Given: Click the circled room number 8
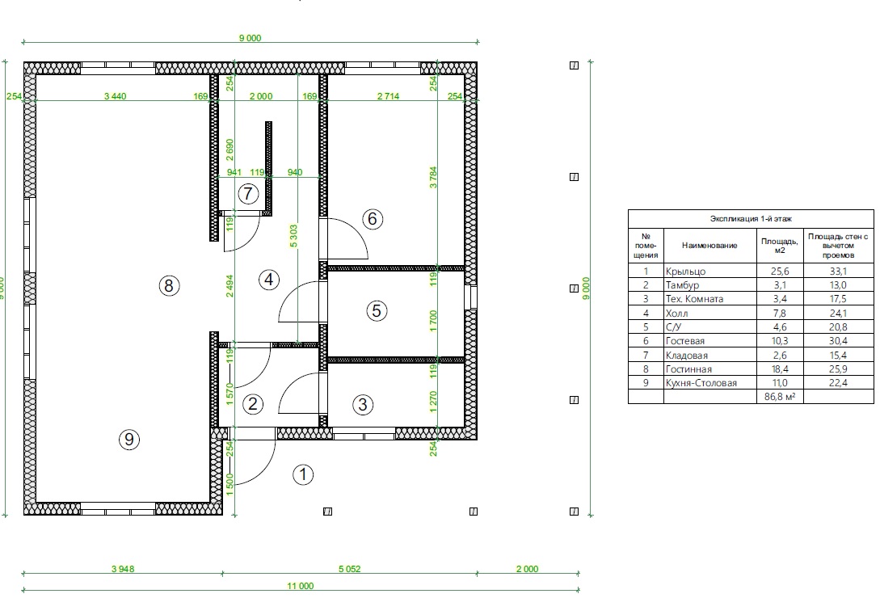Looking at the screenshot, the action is click(169, 286).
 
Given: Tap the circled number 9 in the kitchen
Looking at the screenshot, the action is click(129, 439).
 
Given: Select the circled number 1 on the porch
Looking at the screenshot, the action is click(303, 474).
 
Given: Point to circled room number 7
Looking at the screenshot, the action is click(248, 194).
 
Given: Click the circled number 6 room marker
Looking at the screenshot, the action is click(373, 218).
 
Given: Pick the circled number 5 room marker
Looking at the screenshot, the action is click(377, 310).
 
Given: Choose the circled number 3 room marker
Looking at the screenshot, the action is click(363, 404).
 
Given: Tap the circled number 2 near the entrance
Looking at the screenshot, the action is click(253, 404).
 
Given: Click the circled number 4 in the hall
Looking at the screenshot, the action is click(269, 280).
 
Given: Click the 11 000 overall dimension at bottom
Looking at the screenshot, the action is click(301, 586).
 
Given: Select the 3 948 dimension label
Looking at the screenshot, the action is click(122, 569).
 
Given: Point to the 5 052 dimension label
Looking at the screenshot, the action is click(349, 569).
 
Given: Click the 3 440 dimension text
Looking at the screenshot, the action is click(115, 96).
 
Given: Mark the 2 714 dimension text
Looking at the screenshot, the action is click(388, 96).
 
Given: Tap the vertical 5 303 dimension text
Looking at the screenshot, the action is click(294, 237).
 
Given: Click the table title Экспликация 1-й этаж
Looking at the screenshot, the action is click(751, 218).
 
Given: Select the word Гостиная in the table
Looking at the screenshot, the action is click(688, 369).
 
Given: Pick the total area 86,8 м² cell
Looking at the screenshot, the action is click(780, 397).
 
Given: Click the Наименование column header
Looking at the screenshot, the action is click(709, 246).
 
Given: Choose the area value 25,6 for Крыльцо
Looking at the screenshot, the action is click(780, 272).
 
